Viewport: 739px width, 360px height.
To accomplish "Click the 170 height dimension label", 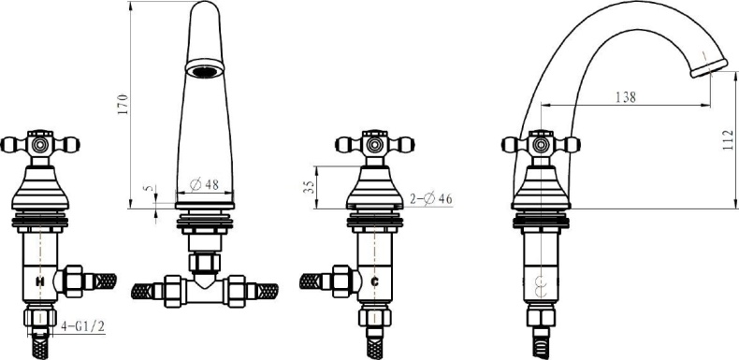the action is tap(123, 105).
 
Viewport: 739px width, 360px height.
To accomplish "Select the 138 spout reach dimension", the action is tap(626, 97).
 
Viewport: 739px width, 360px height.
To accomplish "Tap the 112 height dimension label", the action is tap(729, 140).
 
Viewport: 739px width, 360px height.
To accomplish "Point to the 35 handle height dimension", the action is tap(309, 186).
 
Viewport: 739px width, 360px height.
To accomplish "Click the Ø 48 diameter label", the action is tap(204, 185).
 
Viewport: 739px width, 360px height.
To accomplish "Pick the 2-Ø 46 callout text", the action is tap(430, 199).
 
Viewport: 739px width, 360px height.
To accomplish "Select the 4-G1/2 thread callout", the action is tap(83, 326).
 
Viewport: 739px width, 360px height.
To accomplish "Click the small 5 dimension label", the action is tap(150, 189).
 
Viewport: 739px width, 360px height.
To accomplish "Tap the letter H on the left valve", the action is tap(40, 281).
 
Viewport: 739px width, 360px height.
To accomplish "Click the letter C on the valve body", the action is tap(375, 281).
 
